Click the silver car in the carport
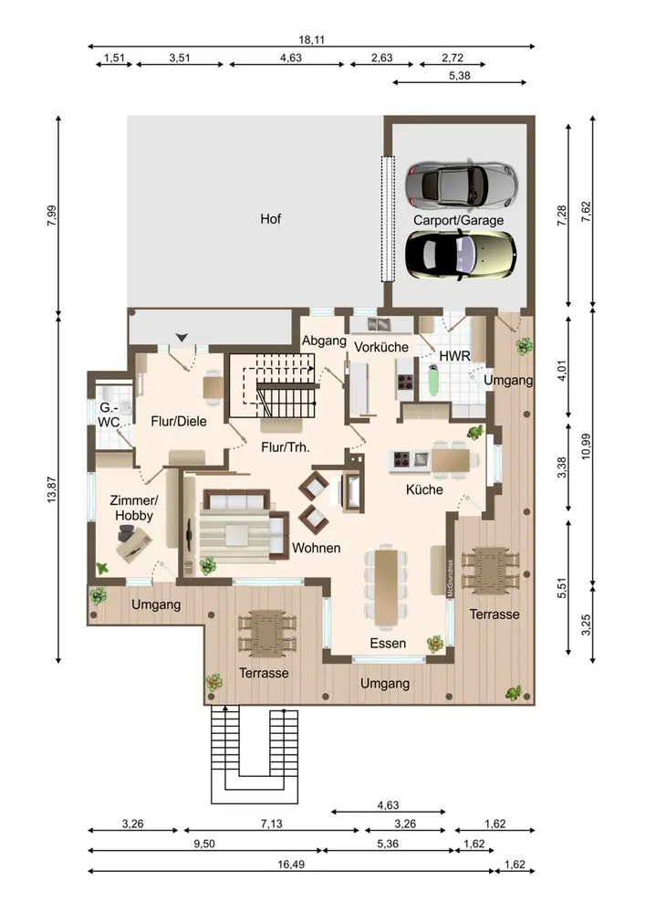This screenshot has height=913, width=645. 461,184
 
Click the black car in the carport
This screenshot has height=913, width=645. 461,255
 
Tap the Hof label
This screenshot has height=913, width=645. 270,219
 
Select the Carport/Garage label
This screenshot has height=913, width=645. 458,220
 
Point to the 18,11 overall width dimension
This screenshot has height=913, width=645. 312,40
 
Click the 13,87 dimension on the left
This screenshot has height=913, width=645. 52,489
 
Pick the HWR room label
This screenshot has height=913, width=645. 455,355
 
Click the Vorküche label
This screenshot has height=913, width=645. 381,347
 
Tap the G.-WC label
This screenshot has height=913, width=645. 109,415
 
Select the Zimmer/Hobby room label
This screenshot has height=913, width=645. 134,508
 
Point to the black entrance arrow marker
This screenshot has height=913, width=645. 182,337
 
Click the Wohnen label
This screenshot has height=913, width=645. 317,548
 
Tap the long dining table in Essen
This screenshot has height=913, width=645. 386,586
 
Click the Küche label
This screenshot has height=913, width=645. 424,489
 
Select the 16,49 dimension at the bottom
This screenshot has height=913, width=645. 291,865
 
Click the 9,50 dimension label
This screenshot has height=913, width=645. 204,845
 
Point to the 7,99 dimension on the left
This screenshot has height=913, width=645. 52,215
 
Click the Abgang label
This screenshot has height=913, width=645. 324,341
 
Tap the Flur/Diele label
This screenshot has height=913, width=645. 179,422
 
